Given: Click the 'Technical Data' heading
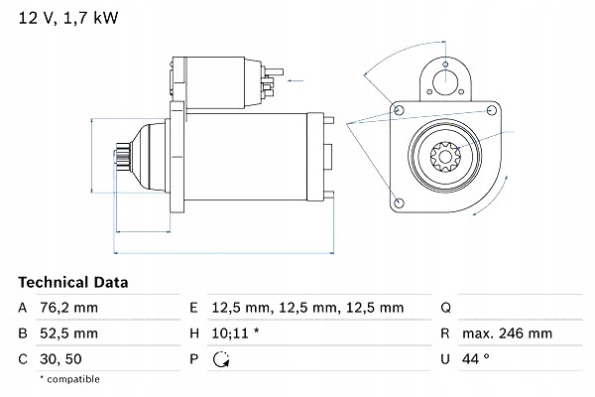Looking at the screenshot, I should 73,282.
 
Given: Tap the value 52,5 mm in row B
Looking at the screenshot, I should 70,332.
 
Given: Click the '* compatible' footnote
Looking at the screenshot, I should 69,379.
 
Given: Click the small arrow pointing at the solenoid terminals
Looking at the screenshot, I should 293,74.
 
